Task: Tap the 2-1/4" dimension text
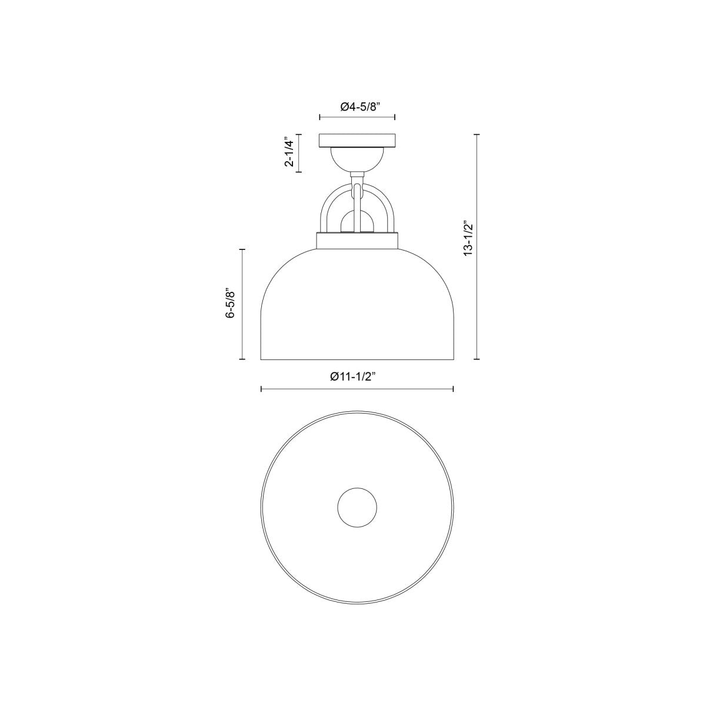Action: click(289, 153)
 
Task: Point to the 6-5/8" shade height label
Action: click(231, 304)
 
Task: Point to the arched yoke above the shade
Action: click(327, 206)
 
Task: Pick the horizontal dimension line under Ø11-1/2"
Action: click(357, 389)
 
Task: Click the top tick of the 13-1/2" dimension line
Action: click(477, 135)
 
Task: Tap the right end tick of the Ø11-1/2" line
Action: click(453, 389)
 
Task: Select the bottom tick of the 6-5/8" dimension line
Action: click(243, 359)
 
